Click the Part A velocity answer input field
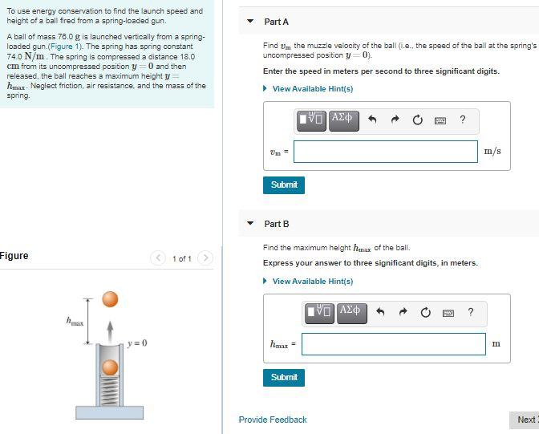point(386,152)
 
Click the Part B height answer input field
point(393,344)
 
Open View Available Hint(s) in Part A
point(312,88)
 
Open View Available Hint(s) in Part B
point(312,281)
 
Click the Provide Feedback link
point(273,420)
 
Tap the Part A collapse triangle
point(249,22)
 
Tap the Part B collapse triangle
point(249,224)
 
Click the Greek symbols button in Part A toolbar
point(342,119)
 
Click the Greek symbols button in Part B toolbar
point(351,311)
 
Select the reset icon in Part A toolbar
point(417,120)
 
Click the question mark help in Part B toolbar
point(471,312)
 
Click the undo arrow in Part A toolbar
point(372,120)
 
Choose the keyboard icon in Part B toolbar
point(448,313)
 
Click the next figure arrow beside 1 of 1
point(206,258)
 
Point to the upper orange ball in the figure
point(111,299)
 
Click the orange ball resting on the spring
point(111,368)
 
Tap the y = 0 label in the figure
point(137,343)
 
